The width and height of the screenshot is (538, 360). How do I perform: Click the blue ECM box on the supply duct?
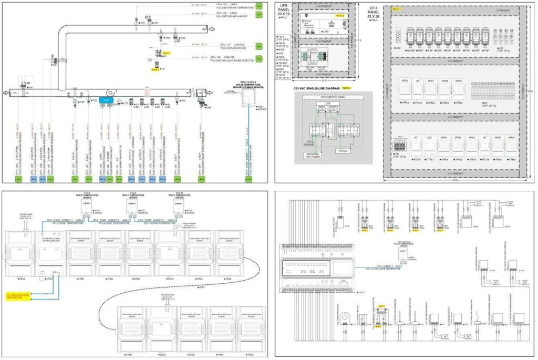pos(105,99)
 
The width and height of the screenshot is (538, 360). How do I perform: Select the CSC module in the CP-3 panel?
pos(429,138)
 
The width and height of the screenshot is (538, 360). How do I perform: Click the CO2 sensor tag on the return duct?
pos(182,38)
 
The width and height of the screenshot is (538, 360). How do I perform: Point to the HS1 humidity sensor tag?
pos(156,23)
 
